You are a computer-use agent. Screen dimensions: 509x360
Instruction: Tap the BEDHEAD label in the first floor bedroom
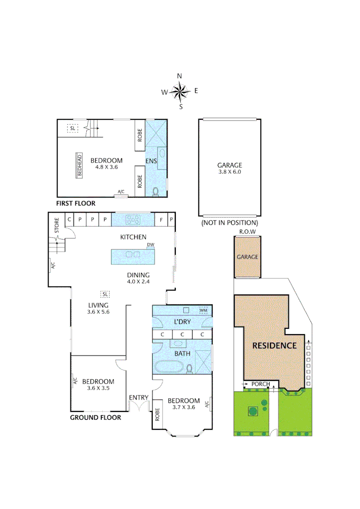point(80,165)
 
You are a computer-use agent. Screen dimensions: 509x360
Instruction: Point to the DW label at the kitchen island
point(151,245)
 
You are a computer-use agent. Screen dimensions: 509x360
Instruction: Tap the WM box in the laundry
point(204,310)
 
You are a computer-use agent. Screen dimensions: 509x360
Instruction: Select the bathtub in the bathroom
point(169,367)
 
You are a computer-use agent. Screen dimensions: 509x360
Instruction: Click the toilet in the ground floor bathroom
point(189,369)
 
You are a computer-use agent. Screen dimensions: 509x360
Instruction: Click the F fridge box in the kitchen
point(161,219)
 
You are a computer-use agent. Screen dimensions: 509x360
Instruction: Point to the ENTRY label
point(139,398)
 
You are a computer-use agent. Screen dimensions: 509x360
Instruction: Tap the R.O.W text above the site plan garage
point(247,232)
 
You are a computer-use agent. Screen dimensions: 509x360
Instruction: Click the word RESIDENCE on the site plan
point(274,345)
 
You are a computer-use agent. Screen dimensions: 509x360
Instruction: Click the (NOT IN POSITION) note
point(229,222)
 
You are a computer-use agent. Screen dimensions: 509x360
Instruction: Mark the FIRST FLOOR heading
point(75,204)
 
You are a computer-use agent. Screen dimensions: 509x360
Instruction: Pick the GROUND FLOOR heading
point(96,417)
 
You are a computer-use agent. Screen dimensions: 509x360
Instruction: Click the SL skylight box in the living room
point(105,294)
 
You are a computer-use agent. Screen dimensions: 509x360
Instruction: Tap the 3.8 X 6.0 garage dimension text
point(229,172)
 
